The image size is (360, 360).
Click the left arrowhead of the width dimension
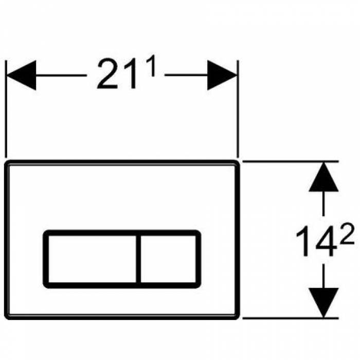[22, 75]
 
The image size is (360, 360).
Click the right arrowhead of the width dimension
[222, 75]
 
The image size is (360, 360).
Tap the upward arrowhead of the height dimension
[323, 177]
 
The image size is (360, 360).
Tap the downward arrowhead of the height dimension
[323, 302]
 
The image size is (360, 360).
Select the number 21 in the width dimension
[116, 74]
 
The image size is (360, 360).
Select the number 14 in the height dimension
[315, 241]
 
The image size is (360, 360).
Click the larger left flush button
[92, 259]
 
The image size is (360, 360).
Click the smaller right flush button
[168, 259]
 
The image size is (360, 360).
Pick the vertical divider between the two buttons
[138, 259]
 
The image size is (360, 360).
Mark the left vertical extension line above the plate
[6, 109]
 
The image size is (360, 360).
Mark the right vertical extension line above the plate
[238, 109]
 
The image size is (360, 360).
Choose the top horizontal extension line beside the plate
[291, 161]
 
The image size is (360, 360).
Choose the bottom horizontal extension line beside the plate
[291, 318]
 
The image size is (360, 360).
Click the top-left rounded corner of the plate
[6, 162]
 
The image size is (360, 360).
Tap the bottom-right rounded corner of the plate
[238, 317]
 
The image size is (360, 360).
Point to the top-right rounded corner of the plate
[238, 162]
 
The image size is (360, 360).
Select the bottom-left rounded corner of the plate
[6, 317]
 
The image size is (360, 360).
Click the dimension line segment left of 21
[61, 75]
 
